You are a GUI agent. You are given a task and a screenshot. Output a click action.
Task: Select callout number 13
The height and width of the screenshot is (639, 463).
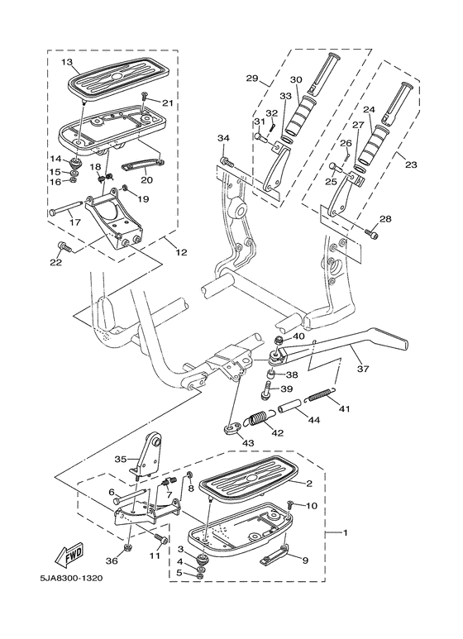(x=67, y=62)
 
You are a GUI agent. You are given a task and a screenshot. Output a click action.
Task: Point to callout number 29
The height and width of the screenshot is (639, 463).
(x=252, y=79)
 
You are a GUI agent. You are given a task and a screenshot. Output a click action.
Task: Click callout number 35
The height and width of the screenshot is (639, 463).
(x=120, y=459)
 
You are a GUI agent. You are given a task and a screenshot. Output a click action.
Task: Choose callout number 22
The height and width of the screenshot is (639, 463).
(x=55, y=263)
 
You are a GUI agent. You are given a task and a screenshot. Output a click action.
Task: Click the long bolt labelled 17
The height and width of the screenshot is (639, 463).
(x=68, y=211)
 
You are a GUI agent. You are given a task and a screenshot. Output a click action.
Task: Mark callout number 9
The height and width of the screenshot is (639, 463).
(x=305, y=560)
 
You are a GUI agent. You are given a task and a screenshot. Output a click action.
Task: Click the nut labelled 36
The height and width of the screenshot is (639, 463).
(x=129, y=548)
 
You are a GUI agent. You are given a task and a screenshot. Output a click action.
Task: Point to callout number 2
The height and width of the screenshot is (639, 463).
(x=308, y=484)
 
